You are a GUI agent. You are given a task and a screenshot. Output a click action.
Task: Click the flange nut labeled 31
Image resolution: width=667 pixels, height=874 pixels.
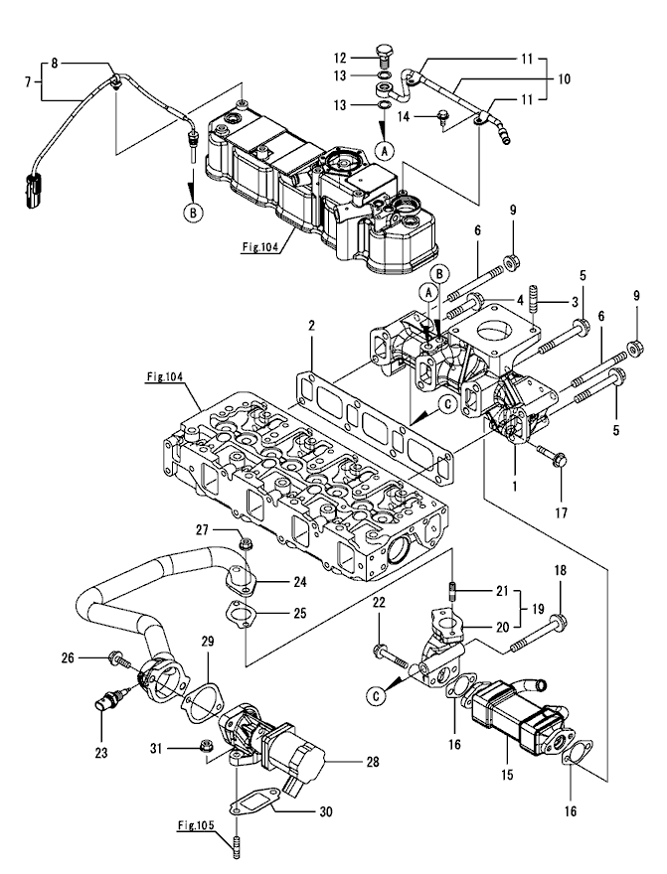coord(210,746)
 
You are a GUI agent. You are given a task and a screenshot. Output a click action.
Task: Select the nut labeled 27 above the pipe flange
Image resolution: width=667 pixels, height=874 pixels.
coord(247,544)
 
